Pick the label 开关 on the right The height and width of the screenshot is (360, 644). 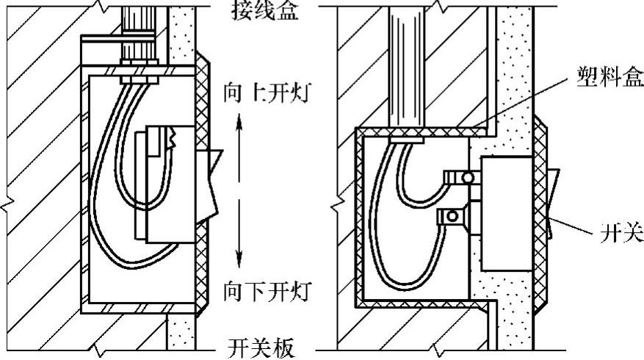tap(622, 233)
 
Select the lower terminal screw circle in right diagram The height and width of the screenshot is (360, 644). tap(454, 215)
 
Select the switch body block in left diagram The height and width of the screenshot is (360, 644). tap(171, 184)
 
